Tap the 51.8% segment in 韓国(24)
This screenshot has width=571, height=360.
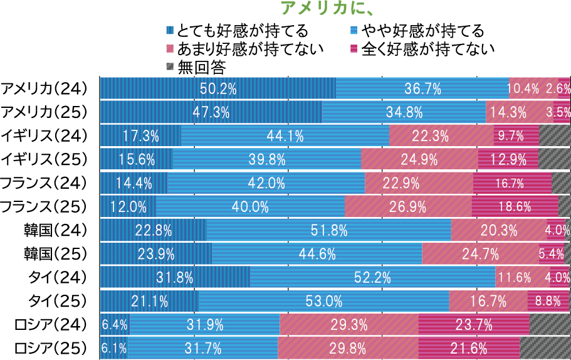click(x=328, y=230)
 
